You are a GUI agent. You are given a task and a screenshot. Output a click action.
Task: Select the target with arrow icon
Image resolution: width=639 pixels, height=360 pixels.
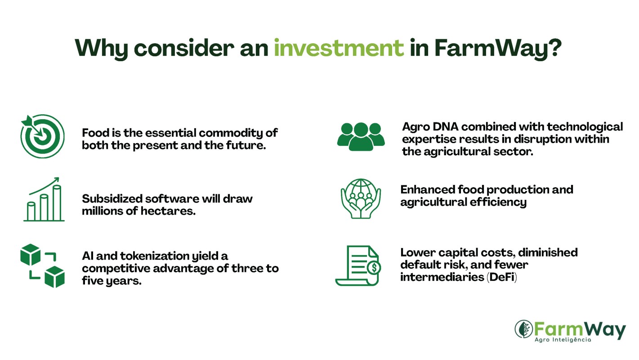43,136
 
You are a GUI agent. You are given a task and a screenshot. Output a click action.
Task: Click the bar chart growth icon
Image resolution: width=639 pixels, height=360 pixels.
44,199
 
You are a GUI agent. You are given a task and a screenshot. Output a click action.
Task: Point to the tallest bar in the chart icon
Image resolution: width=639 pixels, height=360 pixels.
57,202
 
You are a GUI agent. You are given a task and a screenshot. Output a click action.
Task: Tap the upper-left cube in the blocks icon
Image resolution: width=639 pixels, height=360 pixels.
30,254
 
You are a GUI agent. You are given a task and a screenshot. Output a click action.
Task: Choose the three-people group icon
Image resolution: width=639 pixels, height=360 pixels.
361,136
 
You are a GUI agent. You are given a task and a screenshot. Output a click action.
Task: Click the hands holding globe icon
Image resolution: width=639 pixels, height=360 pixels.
361,199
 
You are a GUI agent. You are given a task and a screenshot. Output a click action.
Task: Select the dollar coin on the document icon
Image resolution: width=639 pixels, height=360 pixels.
374,267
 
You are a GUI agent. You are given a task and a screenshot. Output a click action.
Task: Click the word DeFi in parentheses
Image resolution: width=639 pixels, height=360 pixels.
501,277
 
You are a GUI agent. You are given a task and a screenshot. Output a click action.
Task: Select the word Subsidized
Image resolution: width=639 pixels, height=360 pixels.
112,198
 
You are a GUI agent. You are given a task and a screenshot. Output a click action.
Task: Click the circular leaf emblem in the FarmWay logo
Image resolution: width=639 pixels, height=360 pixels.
524,329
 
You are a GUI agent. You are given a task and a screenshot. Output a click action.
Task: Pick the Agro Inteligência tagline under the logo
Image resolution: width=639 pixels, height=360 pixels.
563,340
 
